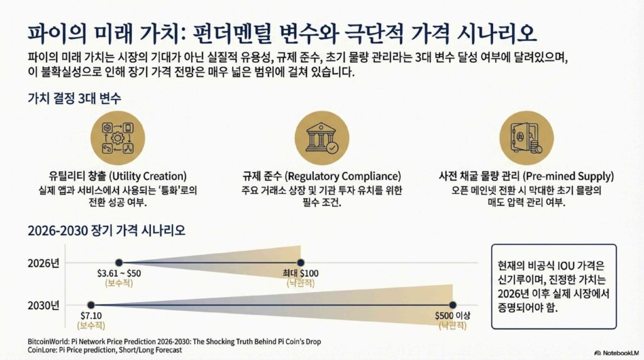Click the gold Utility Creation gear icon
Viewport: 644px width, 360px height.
click(x=118, y=138)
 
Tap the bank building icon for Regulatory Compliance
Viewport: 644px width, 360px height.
click(x=322, y=138)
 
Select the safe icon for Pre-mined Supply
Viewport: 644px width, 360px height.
click(x=526, y=138)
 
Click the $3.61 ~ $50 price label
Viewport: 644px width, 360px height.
click(x=119, y=273)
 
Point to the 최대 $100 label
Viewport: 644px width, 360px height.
click(x=301, y=273)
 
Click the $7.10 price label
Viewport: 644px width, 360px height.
click(x=91, y=315)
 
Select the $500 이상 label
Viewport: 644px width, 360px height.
click(x=453, y=315)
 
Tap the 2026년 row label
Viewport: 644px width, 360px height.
click(x=43, y=263)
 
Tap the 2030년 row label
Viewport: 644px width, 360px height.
click(x=43, y=305)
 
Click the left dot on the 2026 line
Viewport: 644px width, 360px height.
click(x=119, y=262)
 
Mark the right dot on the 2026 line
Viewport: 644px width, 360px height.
click(x=301, y=262)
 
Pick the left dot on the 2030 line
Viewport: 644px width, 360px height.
click(x=91, y=305)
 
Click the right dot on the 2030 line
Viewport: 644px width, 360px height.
click(x=453, y=305)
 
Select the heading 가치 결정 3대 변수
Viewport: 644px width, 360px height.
click(x=74, y=98)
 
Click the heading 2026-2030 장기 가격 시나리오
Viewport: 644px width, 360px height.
click(x=106, y=230)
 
